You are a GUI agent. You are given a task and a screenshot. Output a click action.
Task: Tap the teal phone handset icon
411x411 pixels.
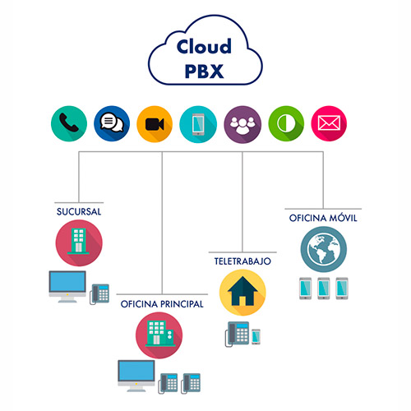(68, 123)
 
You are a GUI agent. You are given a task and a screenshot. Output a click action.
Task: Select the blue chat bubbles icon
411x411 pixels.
(111, 123)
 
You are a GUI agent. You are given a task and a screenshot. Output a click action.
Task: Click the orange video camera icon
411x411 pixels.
(154, 123)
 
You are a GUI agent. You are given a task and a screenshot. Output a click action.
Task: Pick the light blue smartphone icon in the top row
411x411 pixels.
(197, 123)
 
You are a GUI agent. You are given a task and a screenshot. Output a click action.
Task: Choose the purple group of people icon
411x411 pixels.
(241, 123)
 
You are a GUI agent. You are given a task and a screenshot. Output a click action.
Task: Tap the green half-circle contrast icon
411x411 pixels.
(284, 123)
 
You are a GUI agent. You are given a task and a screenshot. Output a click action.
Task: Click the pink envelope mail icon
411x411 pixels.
(327, 123)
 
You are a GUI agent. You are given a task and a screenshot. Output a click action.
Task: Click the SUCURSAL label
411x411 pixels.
(79, 211)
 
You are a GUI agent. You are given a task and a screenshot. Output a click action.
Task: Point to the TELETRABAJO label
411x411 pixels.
(242, 261)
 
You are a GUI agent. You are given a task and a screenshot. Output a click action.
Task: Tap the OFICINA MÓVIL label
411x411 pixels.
(322, 218)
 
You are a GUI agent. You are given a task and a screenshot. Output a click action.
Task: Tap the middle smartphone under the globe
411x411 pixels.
(323, 289)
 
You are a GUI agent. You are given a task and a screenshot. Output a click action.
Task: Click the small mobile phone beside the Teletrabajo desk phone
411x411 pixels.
(256, 336)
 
